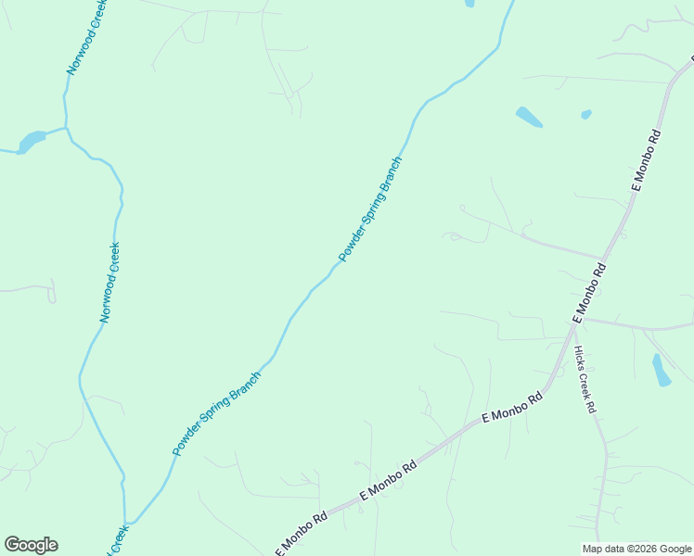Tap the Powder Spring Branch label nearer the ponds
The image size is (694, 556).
370,209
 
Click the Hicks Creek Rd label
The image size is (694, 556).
584,379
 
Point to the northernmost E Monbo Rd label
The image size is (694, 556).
647,161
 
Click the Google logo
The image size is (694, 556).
31,545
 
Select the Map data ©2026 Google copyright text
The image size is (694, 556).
636,549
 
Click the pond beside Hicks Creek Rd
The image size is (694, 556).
661,370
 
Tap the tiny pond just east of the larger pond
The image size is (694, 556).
585,115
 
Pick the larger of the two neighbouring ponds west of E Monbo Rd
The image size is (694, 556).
529,118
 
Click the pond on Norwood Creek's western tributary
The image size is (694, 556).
31,141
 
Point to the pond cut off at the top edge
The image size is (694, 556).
469,3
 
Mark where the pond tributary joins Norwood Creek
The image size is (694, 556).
66,128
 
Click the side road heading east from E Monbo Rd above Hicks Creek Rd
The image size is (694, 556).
640,326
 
